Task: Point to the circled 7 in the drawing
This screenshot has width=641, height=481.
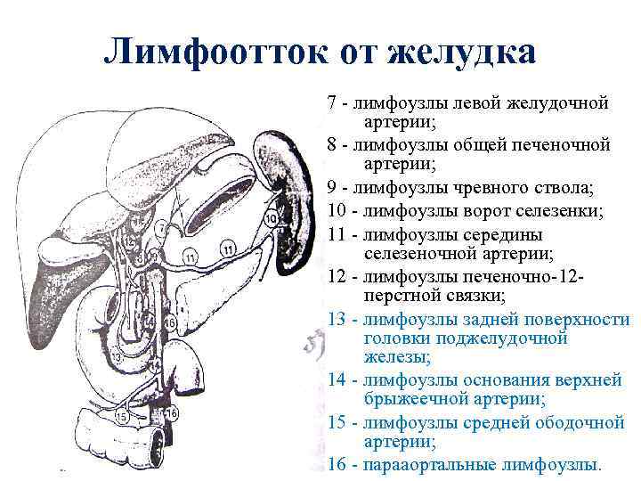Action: click(160, 227)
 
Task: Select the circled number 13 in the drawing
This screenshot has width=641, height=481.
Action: click(117, 357)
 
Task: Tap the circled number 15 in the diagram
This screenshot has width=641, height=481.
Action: click(121, 415)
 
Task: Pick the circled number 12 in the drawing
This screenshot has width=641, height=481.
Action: click(130, 240)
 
